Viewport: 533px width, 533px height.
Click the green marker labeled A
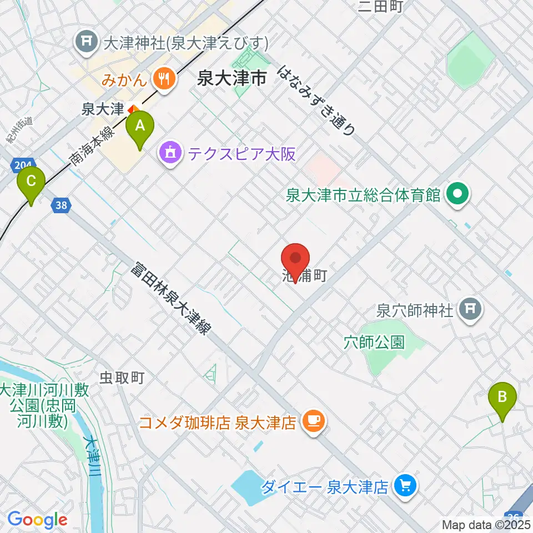[140, 127]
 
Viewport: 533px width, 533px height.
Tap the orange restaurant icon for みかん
[164, 79]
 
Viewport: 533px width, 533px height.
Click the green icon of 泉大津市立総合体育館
[459, 195]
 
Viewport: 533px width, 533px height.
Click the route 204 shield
[20, 165]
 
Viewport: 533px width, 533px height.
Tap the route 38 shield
[63, 206]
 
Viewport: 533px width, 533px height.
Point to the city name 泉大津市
[232, 79]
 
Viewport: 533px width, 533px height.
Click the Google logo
[37, 520]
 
